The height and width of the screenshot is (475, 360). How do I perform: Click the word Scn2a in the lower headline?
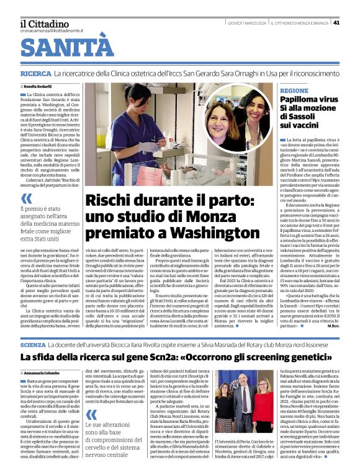(166, 358)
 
